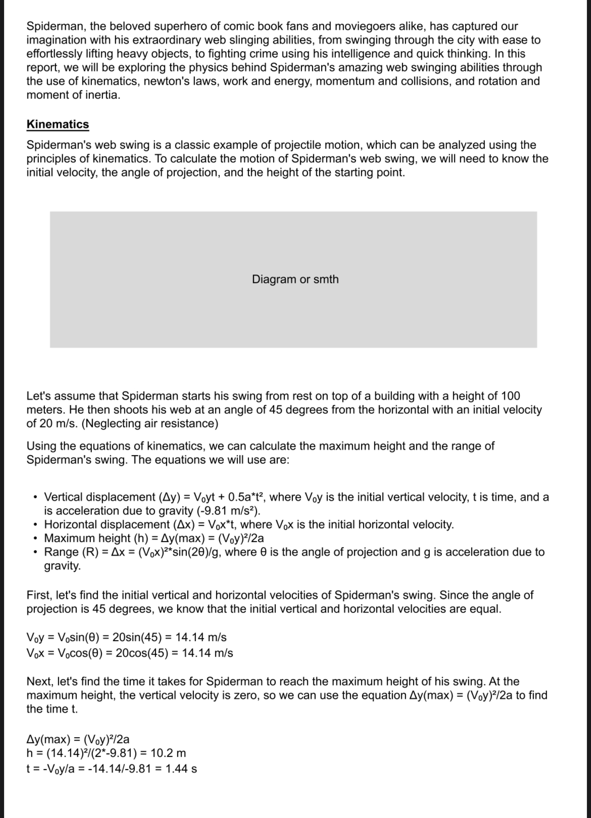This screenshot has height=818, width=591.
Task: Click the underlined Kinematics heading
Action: click(x=58, y=124)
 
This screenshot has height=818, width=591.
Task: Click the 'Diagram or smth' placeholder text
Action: click(x=295, y=279)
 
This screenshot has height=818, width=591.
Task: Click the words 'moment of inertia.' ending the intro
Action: click(x=73, y=95)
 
